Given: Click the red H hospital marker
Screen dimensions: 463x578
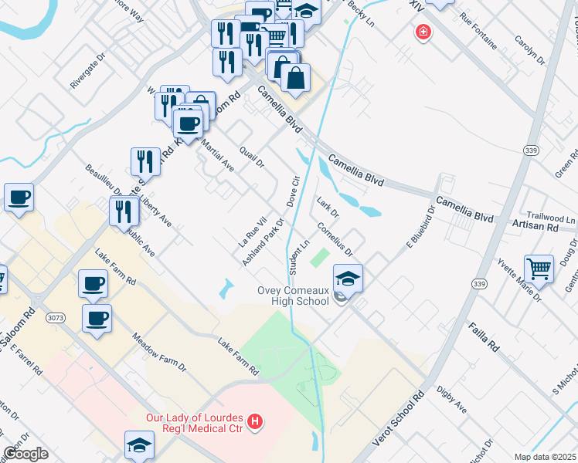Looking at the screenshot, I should click(256, 421).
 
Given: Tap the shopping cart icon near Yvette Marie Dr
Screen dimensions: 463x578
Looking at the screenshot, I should click(539, 269).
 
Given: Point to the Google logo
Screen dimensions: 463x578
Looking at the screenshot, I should click(26, 454).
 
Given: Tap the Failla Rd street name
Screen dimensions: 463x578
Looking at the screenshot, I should click(482, 338).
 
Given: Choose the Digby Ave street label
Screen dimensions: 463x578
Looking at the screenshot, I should click(451, 399).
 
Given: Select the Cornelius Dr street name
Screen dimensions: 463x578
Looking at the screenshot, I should click(335, 239).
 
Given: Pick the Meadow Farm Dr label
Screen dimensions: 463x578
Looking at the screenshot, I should click(160, 352).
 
